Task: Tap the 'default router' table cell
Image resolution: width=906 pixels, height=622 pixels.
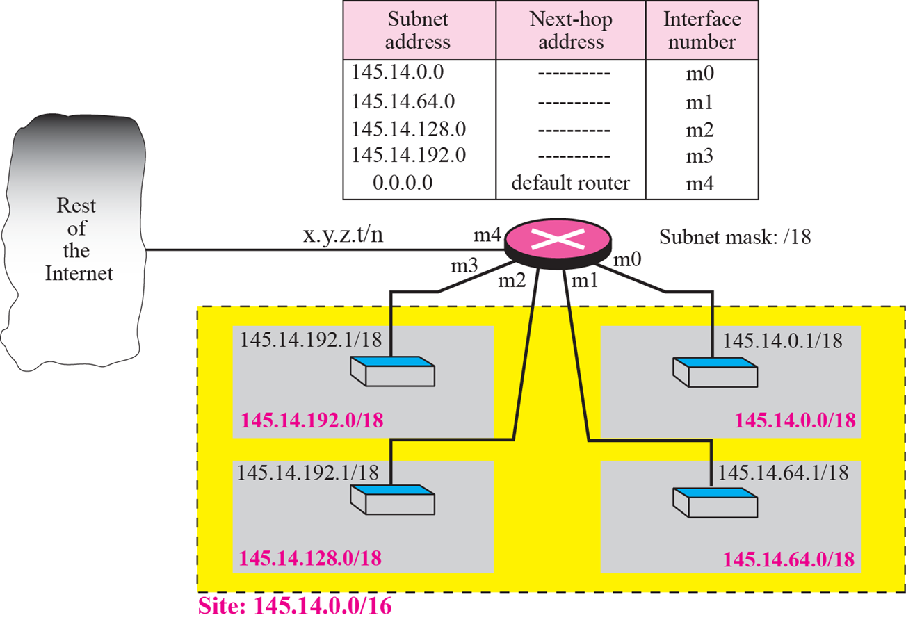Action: pos(570,183)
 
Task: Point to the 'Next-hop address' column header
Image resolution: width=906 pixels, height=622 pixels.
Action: pos(570,31)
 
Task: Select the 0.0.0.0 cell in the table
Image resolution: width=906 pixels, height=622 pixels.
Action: pos(403,183)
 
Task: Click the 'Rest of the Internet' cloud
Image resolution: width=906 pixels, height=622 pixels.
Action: pos(79,240)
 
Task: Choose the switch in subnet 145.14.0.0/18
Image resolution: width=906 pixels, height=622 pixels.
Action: pos(713,373)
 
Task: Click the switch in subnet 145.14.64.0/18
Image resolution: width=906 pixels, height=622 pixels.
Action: pos(713,500)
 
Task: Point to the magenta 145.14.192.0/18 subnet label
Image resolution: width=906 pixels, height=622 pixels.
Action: pos(312,420)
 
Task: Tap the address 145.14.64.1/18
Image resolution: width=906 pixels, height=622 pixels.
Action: pos(783,473)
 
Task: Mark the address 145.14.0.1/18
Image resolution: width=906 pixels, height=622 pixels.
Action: pos(783,341)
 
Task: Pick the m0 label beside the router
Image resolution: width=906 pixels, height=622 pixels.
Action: pos(626,260)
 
